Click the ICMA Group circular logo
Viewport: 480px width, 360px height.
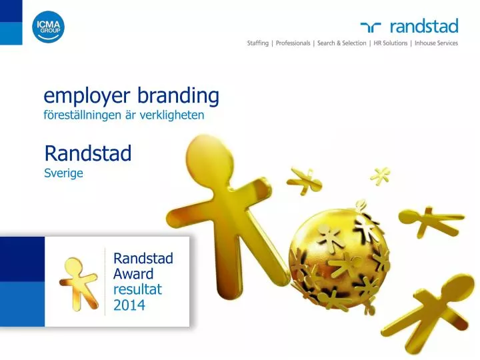49,27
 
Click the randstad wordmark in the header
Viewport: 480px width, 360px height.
423,27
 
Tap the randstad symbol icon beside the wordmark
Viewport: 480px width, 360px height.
371,27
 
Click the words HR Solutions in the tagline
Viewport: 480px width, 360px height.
389,43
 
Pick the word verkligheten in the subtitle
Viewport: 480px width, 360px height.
175,115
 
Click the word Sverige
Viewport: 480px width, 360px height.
63,174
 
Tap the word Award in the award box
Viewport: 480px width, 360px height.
133,274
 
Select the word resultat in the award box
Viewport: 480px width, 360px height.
138,290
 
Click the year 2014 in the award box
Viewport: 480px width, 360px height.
129,306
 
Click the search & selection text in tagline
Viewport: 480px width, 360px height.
341,43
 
